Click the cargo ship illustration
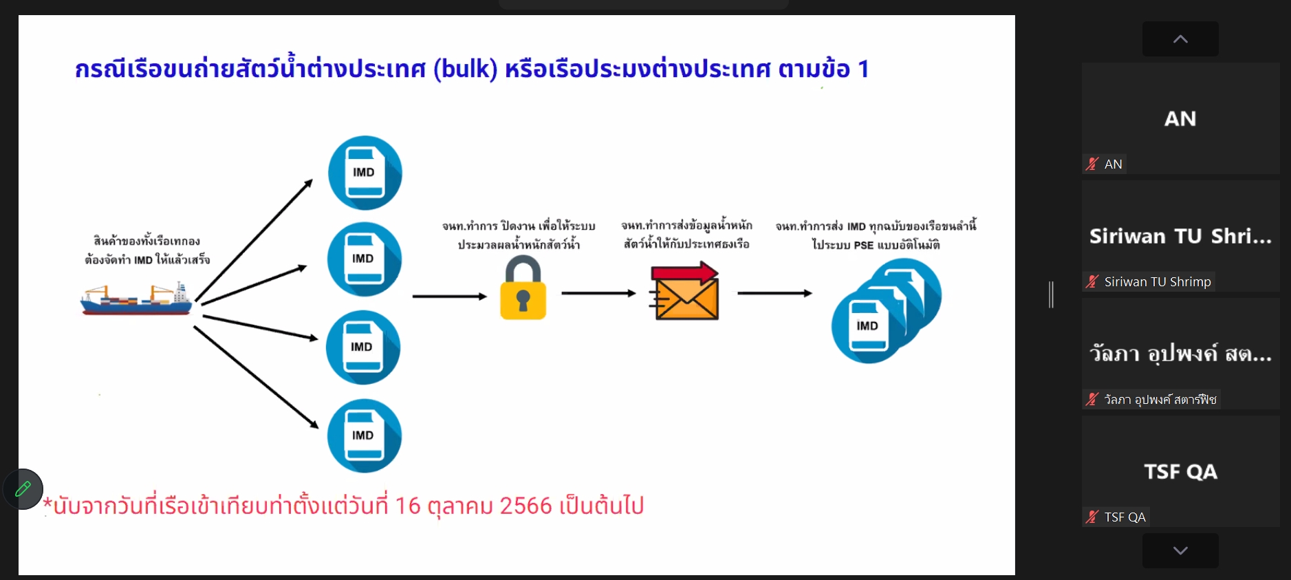pos(136,299)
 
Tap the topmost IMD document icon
pos(365,173)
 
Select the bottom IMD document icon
pos(364,436)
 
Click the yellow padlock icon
pos(523,289)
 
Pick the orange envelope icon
pos(685,292)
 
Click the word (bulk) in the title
pos(465,69)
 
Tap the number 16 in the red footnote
pos(407,506)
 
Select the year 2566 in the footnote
pos(526,506)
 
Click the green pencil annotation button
pos(23,489)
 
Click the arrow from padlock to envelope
pos(598,293)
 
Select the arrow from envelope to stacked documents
pos(774,293)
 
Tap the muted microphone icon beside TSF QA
pos(1092,517)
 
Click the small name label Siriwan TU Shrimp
pos(1157,281)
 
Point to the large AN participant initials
pos(1180,119)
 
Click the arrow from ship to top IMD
pos(254,240)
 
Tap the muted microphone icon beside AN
pos(1092,164)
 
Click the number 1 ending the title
pos(863,69)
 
